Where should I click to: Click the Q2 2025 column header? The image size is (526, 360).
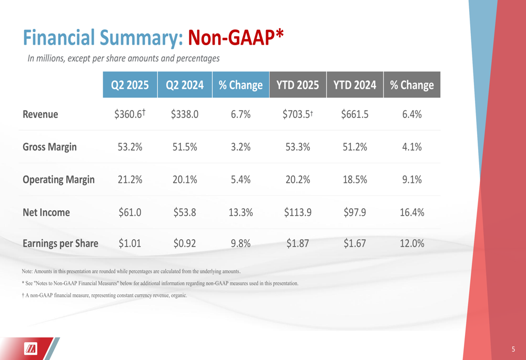tap(130, 85)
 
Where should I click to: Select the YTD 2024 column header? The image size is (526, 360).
tap(355, 85)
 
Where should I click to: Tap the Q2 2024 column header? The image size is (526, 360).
tap(185, 85)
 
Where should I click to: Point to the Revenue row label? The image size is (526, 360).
tap(41, 114)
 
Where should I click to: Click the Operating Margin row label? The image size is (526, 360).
tap(58, 180)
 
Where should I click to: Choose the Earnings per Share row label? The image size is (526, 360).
tap(60, 243)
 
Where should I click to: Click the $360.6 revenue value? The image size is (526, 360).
tap(129, 114)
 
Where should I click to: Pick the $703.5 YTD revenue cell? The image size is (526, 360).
tap(297, 114)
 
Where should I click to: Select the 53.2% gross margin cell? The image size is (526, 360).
tap(130, 147)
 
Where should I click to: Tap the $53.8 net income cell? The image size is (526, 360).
tap(185, 212)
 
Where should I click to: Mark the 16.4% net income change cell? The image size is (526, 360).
tap(412, 212)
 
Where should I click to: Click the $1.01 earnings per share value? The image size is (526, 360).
tap(130, 243)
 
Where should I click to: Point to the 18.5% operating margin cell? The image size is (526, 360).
tap(355, 180)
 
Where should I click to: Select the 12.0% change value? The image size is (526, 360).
tap(412, 243)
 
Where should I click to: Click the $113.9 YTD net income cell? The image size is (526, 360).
tap(298, 212)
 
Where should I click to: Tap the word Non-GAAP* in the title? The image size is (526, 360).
tap(236, 37)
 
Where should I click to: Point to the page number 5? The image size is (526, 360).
tap(513, 348)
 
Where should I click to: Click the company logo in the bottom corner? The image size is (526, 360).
tap(31, 348)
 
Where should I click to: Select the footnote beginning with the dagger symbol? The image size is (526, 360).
tap(104, 295)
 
